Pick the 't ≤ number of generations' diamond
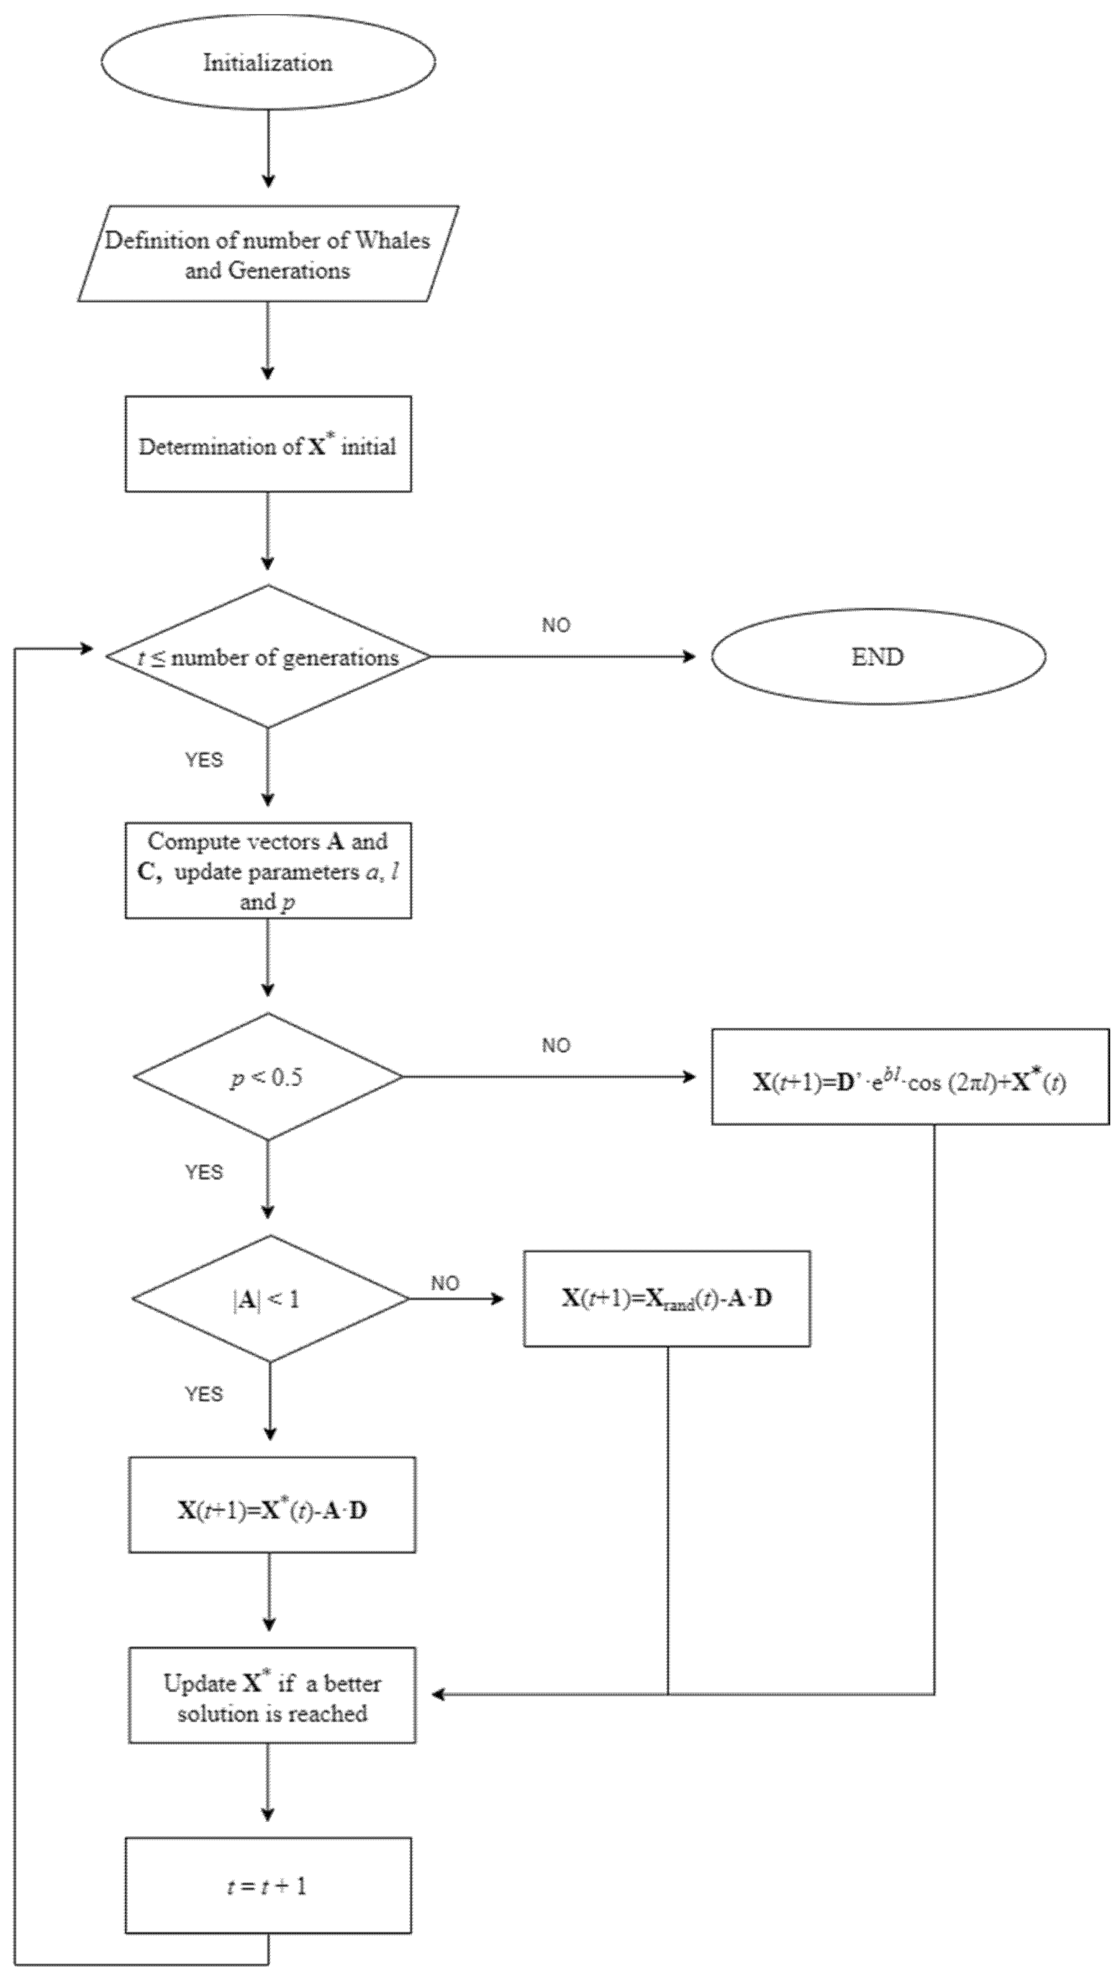[268, 657]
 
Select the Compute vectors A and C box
[268, 870]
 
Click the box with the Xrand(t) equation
[666, 1299]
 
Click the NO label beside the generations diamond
[556, 625]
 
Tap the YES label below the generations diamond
[204, 760]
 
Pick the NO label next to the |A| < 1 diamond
[445, 1283]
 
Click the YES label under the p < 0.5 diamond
[204, 1173]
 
